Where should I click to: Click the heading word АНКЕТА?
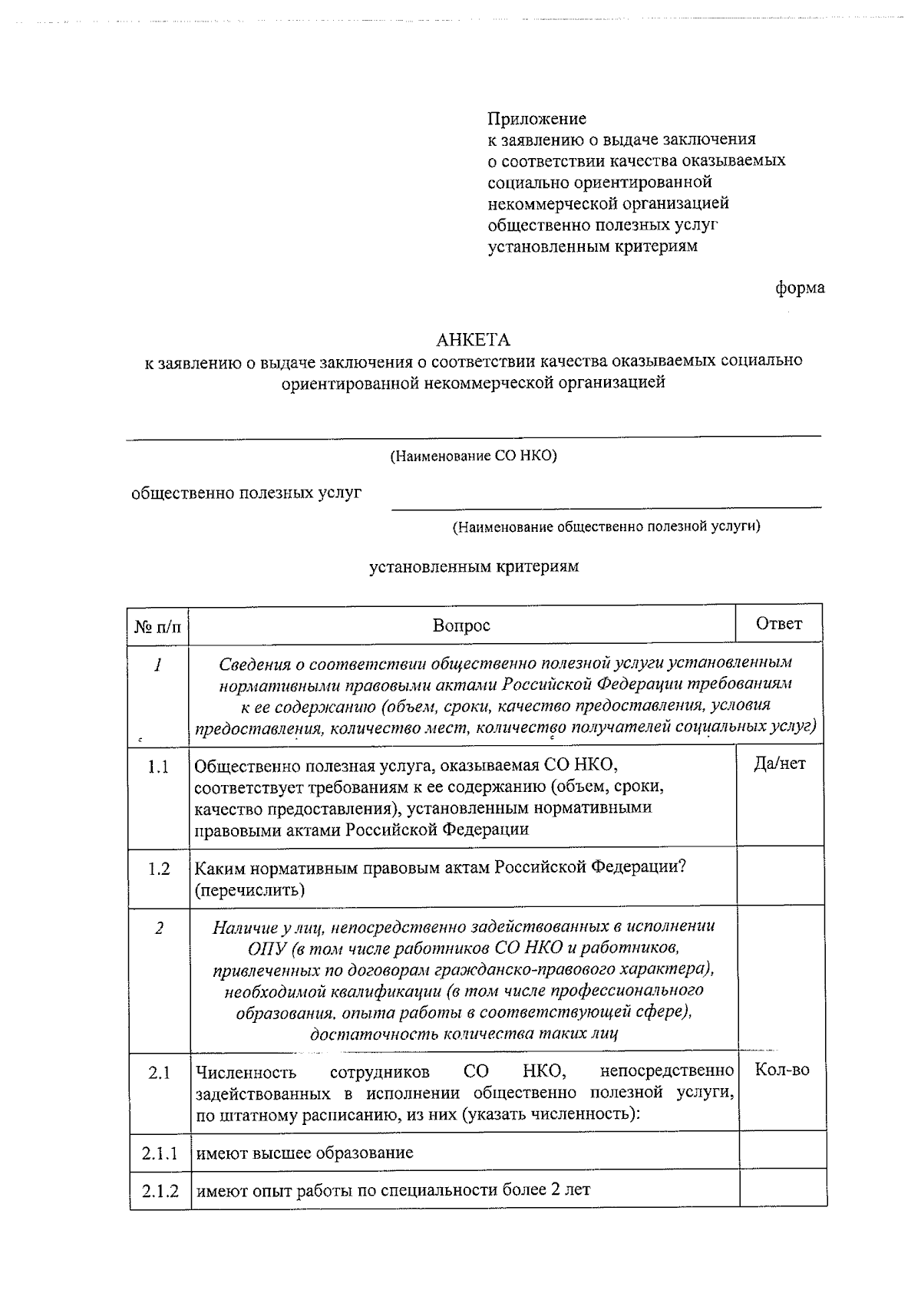473,339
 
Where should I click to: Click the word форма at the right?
800,288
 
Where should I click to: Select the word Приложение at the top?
536,118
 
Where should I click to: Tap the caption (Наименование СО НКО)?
474,456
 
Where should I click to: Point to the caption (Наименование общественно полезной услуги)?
606,526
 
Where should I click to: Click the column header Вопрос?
461,625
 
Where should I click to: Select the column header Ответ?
779,623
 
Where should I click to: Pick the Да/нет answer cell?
779,764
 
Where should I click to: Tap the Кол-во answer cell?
782,1069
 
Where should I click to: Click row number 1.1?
159,766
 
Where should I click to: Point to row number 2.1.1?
160,1153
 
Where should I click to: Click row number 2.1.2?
160,1191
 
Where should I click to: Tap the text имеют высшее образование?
305,1153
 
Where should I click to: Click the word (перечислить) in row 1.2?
249,890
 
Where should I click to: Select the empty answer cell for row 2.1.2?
782,1189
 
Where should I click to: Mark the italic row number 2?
159,928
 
